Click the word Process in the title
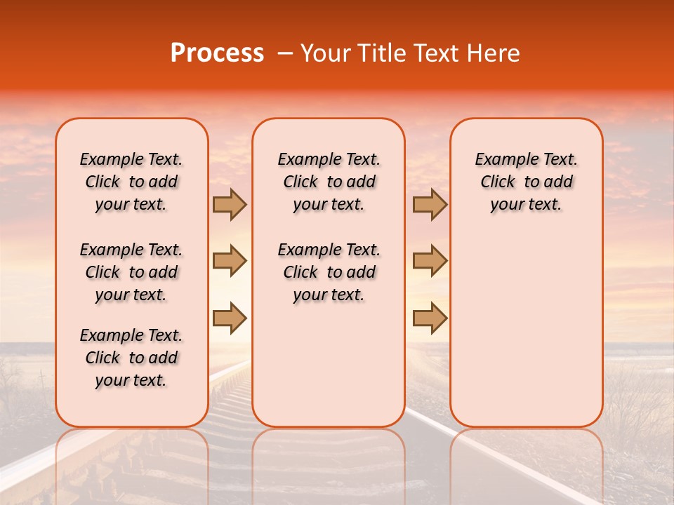(217, 53)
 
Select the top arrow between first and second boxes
(230, 205)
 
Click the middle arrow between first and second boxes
(230, 261)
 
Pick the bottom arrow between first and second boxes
(230, 318)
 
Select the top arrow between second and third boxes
(430, 205)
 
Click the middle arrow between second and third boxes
(430, 261)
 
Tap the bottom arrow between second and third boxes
(430, 318)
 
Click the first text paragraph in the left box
(131, 182)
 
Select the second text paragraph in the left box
(131, 272)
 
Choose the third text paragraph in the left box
(131, 358)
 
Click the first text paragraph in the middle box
(329, 182)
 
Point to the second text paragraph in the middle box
(329, 272)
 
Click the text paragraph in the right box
(526, 182)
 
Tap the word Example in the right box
(501, 160)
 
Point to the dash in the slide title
(285, 54)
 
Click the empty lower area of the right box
(526, 330)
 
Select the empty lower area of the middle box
(329, 365)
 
